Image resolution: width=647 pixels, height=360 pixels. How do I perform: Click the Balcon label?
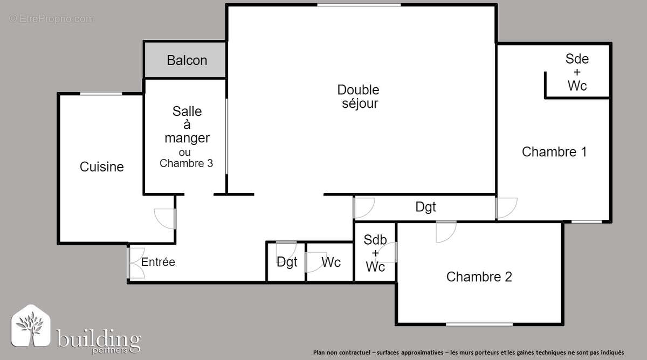point(187,60)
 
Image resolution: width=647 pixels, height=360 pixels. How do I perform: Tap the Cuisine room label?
point(101,167)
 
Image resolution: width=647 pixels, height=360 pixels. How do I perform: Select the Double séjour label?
point(359,97)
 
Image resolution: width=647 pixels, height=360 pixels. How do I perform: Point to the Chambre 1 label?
point(554,152)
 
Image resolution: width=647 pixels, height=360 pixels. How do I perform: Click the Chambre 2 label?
point(479,277)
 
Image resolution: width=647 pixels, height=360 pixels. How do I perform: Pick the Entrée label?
point(158,262)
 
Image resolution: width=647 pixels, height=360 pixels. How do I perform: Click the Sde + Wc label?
point(577,72)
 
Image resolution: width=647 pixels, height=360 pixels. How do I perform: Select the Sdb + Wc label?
point(375,253)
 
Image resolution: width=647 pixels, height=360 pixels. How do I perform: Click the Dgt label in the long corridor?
point(425,206)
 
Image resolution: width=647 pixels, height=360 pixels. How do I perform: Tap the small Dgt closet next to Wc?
point(287,262)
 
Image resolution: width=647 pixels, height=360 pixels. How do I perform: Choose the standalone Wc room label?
point(331,262)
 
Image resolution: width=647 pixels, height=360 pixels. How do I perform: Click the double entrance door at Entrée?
point(135,262)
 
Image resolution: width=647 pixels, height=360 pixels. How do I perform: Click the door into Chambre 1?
point(506,208)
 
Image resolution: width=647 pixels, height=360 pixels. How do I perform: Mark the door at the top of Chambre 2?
point(446,230)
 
